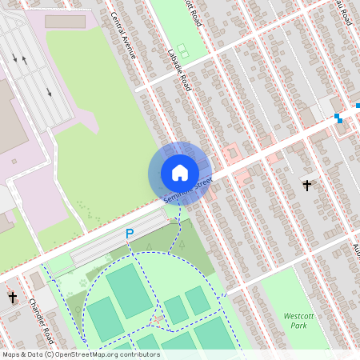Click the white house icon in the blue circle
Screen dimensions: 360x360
(180, 173)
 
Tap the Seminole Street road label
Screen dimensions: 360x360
(187, 190)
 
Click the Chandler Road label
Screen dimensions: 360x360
(40, 318)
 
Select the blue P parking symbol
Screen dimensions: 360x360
(129, 234)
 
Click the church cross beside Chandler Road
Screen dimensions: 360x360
(13, 297)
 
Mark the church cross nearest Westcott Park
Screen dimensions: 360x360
(307, 186)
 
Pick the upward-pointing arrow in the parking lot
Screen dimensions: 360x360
(25, 60)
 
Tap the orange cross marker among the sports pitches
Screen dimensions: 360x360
(158, 319)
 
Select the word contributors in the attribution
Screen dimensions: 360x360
(139, 354)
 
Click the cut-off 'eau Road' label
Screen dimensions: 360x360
(342, 11)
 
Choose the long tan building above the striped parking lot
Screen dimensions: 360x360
(65, 22)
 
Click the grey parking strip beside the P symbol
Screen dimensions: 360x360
(108, 250)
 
